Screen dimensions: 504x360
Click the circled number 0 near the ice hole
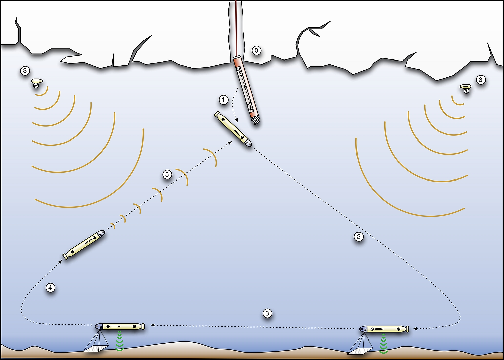pos(256,51)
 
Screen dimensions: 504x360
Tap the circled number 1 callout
pos(223,100)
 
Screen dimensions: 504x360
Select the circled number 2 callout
pos(359,236)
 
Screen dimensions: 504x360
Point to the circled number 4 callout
pos(50,288)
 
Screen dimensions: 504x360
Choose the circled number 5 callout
pos(167,174)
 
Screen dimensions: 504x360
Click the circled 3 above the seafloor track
pos(267,313)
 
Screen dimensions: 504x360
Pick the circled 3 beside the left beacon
pos(25,71)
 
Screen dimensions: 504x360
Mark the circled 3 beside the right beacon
pos(480,80)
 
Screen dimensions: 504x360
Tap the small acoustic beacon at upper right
pos(465,88)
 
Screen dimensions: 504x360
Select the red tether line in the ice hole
pos(236,28)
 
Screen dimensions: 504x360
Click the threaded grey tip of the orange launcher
pos(256,120)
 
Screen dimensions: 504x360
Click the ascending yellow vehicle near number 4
pos(84,245)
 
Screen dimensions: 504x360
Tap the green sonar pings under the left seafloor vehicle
pos(120,341)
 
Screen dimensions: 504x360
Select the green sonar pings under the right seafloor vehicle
pos(383,344)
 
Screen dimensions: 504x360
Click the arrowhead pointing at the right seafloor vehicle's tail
pos(416,329)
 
